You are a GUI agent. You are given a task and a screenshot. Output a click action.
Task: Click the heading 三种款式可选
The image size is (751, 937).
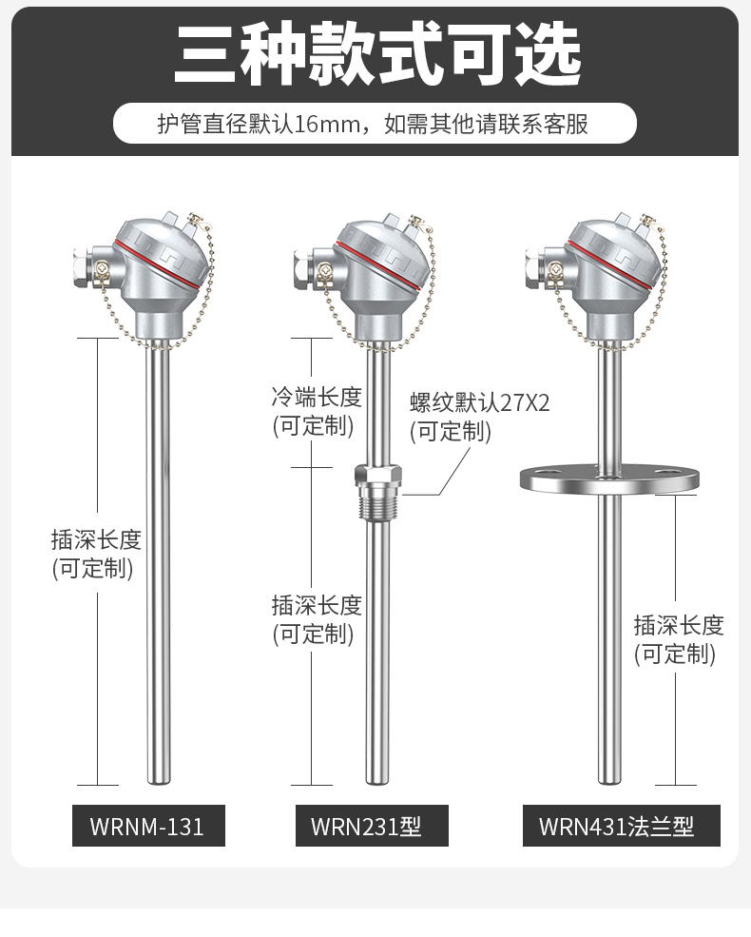click(x=375, y=53)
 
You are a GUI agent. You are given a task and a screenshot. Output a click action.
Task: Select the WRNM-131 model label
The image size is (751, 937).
click(x=148, y=826)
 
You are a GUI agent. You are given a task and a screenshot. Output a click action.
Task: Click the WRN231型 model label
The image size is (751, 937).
click(x=366, y=826)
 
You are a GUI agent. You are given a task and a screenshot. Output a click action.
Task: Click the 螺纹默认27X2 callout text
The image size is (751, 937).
click(x=479, y=402)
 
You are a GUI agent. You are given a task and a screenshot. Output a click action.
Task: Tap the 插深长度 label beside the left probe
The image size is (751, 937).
click(x=96, y=540)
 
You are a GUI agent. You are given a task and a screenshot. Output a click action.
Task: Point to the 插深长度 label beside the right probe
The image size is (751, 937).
click(x=679, y=625)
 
